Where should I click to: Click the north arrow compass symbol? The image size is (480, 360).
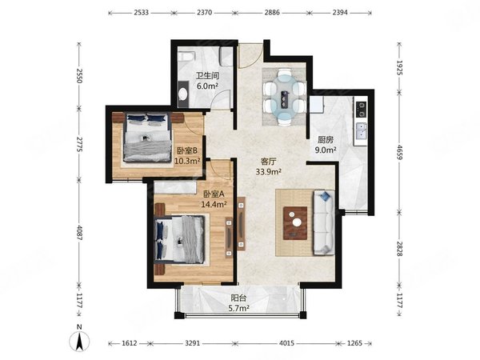[79, 341]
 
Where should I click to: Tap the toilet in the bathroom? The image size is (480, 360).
[187, 57]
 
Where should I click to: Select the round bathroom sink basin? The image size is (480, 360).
[182, 94]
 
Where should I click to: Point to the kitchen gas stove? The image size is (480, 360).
[361, 110]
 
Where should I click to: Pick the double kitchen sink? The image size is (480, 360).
[361, 130]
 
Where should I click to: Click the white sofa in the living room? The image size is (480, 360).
[324, 222]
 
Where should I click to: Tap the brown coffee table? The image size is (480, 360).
[295, 223]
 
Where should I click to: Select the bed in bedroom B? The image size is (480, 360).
[147, 137]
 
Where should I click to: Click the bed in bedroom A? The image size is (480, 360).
[179, 239]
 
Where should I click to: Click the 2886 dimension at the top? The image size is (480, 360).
[272, 13]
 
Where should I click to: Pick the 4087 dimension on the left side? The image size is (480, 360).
[79, 233]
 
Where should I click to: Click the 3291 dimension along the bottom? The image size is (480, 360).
[193, 343]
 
